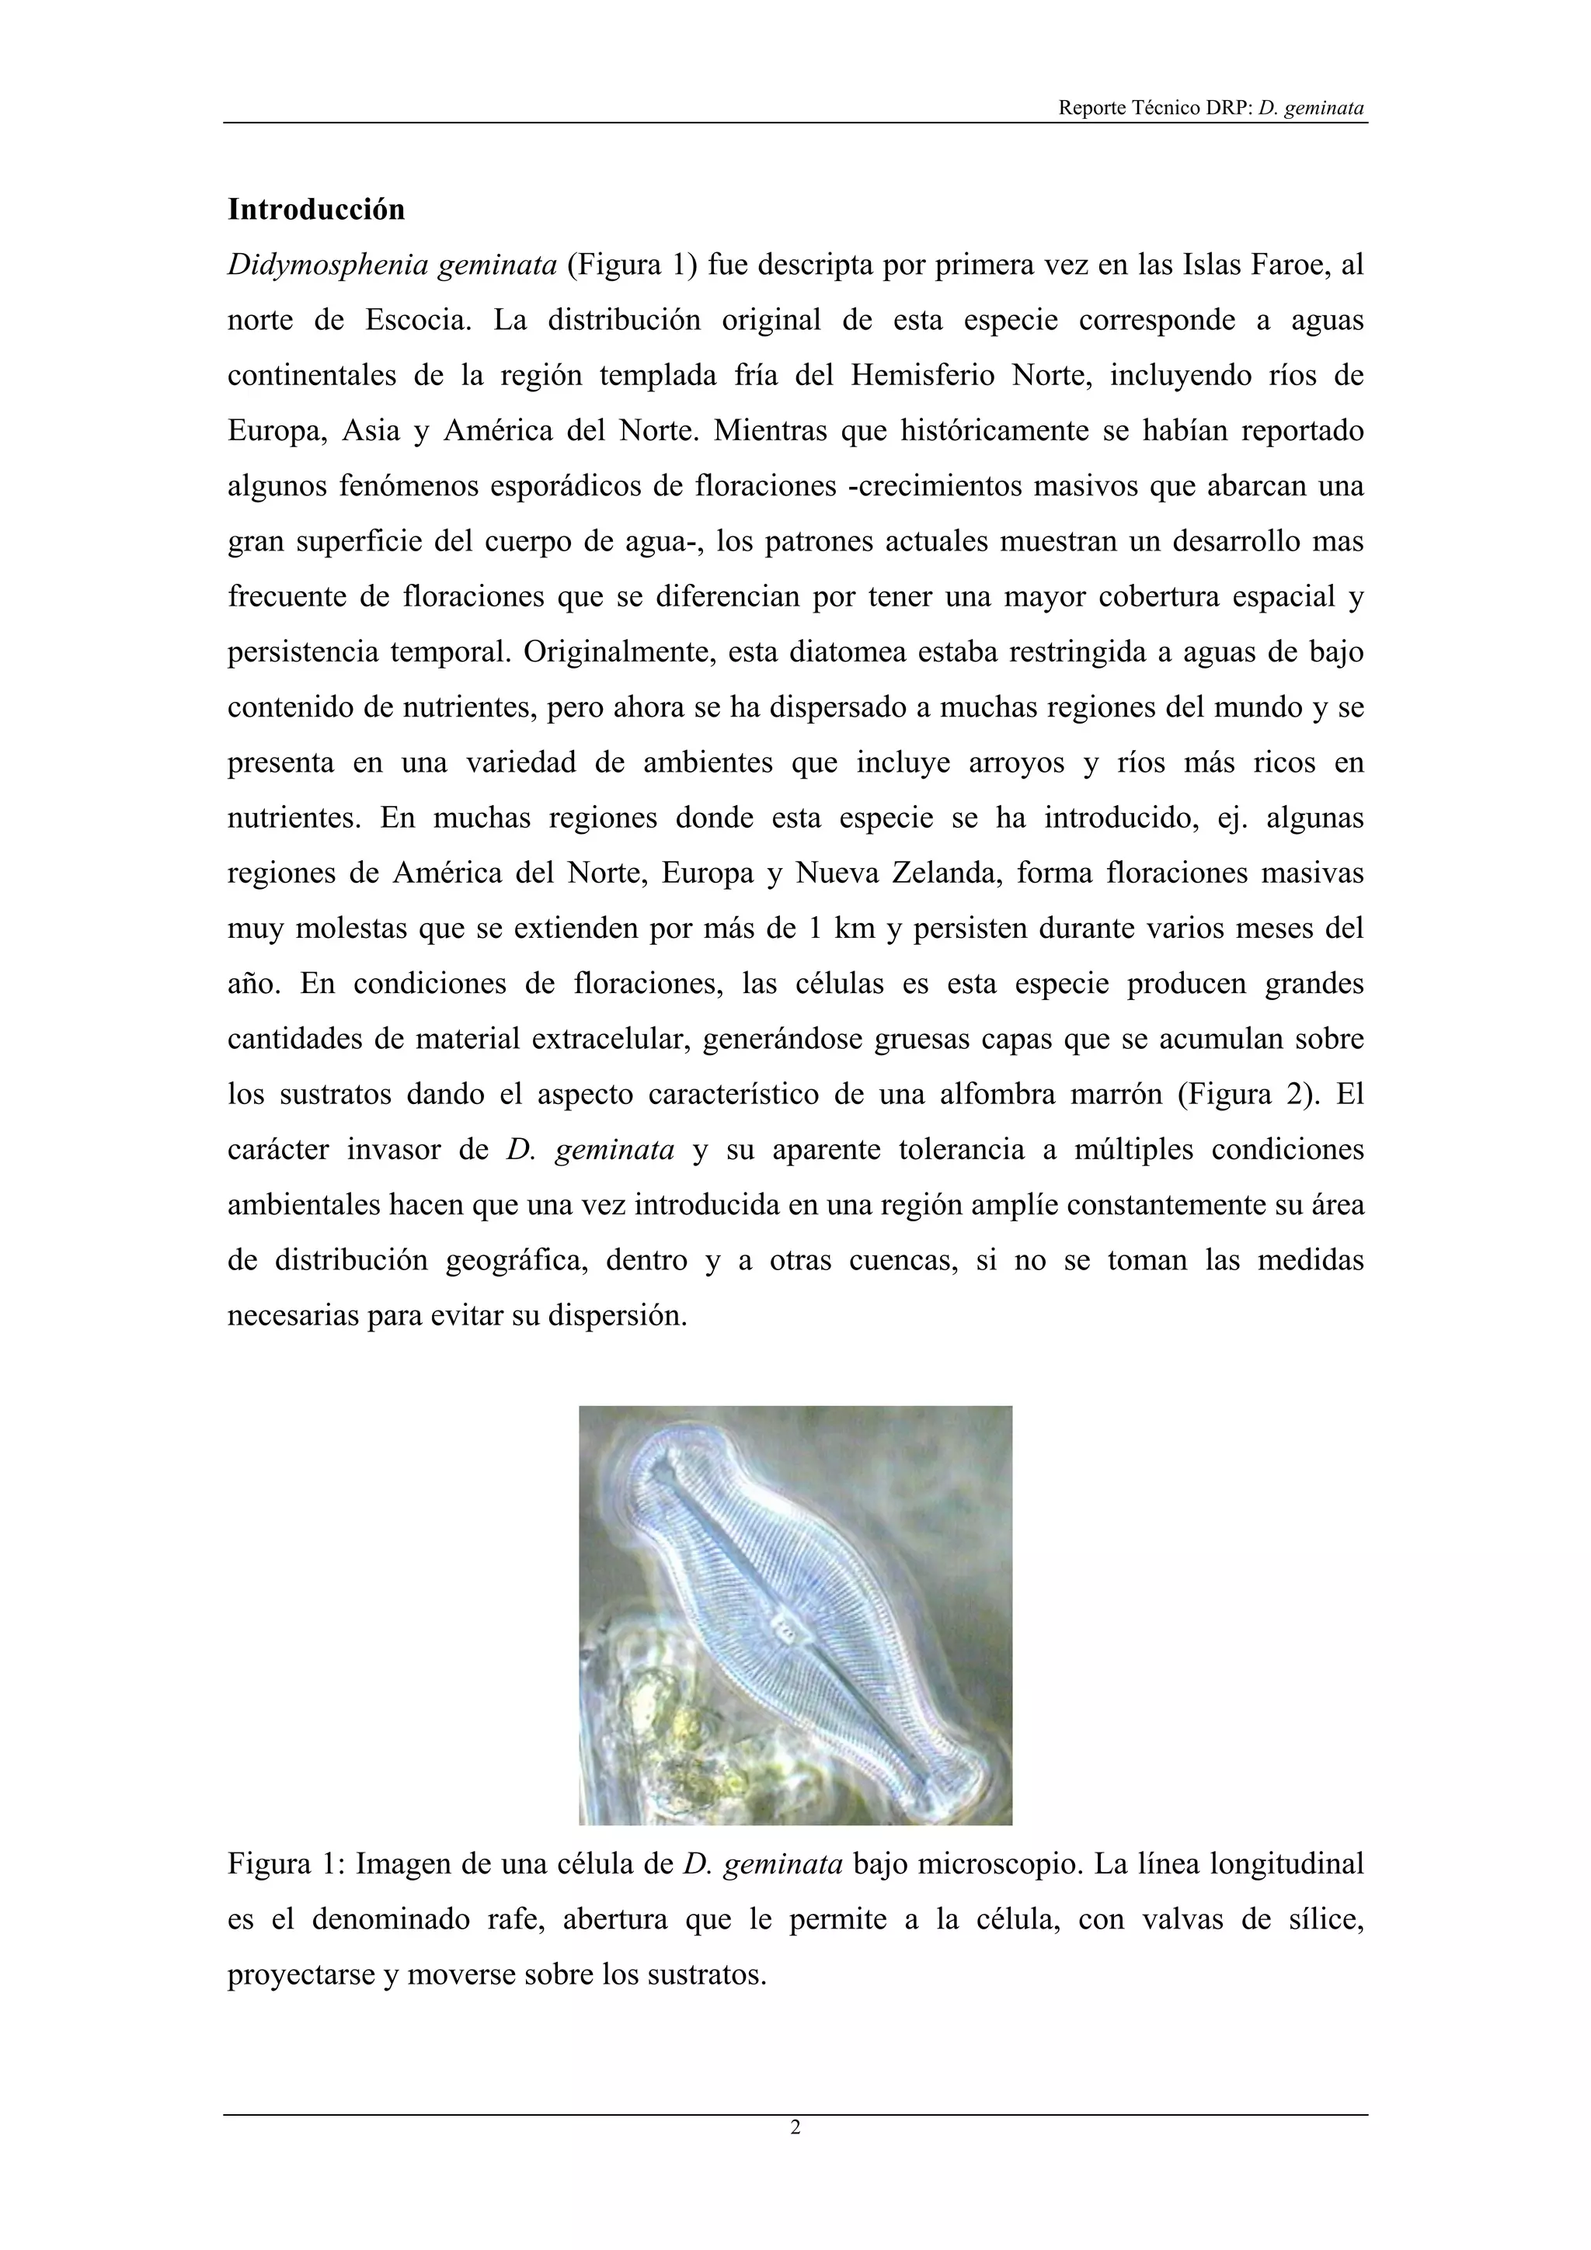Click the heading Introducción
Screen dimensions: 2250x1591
pyautogui.click(x=315, y=210)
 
